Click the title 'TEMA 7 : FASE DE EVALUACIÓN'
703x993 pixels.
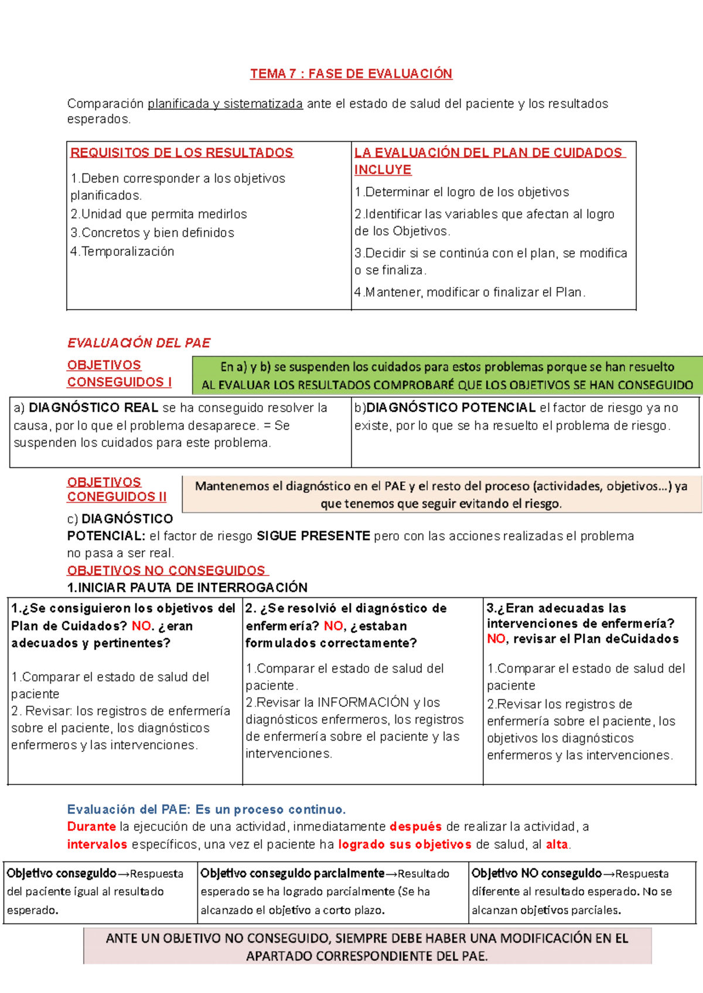(x=351, y=74)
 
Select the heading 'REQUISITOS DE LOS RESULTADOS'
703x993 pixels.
(x=182, y=153)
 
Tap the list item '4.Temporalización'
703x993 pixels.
(x=122, y=252)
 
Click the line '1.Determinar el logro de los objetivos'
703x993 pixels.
(x=462, y=192)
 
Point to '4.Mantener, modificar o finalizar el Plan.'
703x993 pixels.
(x=469, y=292)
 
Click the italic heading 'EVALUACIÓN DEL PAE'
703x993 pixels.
(x=139, y=343)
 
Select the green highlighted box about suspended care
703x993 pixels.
(x=447, y=376)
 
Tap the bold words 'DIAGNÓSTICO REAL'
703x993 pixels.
(x=94, y=408)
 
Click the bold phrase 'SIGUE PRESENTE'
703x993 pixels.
(x=313, y=536)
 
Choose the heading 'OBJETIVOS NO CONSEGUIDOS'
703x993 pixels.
(x=166, y=570)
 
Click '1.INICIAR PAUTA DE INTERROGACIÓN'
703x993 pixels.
(x=187, y=587)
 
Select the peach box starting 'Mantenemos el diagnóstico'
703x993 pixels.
(x=441, y=495)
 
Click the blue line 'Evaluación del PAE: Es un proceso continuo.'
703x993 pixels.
(x=206, y=809)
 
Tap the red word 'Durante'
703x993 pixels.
(x=91, y=827)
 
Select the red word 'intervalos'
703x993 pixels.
(x=97, y=844)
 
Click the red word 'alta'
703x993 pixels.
(x=557, y=844)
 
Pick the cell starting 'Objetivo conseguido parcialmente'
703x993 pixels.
(x=333, y=892)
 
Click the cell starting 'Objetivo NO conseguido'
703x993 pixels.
(x=582, y=892)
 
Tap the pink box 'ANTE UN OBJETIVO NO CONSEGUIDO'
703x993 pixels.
(x=367, y=947)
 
